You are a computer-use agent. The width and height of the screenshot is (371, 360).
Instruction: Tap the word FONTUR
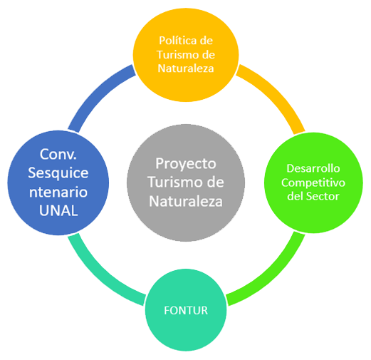(186, 310)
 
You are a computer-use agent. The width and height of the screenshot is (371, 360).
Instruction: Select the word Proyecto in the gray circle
(186, 165)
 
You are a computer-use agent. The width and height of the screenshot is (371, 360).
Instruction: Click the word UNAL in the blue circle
(58, 210)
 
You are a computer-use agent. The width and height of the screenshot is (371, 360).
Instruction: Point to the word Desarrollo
(313, 168)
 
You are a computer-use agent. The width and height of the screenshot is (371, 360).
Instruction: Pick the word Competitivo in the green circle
(313, 182)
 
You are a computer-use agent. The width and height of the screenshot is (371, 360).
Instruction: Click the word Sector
(323, 196)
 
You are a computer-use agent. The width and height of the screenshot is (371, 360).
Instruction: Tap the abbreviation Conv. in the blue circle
(58, 154)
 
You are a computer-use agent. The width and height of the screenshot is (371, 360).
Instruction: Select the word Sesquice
(58, 173)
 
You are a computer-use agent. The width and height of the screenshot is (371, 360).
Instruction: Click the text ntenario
(58, 192)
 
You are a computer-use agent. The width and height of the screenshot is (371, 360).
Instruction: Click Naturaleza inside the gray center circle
(186, 202)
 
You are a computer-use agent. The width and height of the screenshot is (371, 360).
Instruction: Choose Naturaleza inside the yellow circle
(186, 68)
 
